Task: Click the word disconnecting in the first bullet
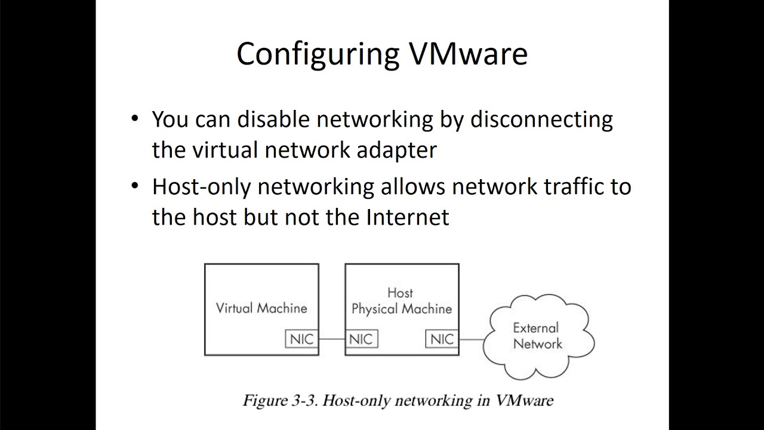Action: [541, 120]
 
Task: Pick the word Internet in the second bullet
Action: [407, 217]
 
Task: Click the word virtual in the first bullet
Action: [224, 150]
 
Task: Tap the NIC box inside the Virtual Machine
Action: [301, 339]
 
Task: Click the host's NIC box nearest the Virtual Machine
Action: [361, 339]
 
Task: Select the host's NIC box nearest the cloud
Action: [442, 339]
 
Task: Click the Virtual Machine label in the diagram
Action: [261, 308]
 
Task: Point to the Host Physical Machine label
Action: [401, 302]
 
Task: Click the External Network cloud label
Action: [537, 336]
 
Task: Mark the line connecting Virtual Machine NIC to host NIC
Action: [332, 339]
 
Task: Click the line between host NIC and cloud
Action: [472, 339]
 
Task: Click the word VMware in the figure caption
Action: [524, 400]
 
